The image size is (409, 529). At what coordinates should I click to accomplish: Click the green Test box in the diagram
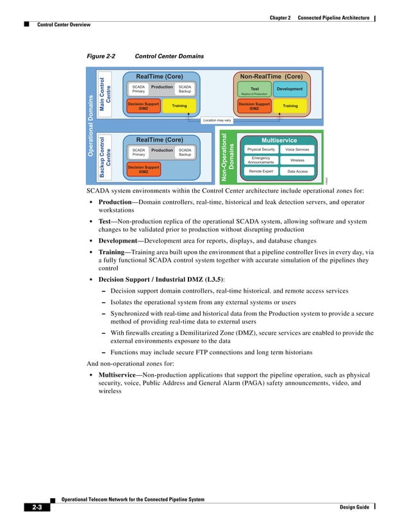click(x=255, y=90)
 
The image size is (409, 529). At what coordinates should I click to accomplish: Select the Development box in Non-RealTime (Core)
click(x=290, y=89)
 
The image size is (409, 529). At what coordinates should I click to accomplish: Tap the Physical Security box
click(x=261, y=149)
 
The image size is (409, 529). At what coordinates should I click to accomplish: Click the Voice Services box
click(x=297, y=149)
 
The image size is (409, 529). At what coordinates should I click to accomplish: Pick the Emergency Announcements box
click(x=261, y=160)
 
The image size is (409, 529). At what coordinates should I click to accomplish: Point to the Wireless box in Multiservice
click(x=297, y=160)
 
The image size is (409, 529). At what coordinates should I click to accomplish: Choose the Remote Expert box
click(x=261, y=171)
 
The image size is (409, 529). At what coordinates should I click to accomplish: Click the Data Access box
click(x=297, y=171)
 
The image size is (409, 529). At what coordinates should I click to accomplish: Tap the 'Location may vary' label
click(x=217, y=120)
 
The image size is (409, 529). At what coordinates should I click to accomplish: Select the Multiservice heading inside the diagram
click(x=279, y=140)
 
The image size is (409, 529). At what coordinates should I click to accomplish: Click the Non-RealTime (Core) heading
click(x=271, y=76)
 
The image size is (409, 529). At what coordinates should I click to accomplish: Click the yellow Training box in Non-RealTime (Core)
click(x=290, y=106)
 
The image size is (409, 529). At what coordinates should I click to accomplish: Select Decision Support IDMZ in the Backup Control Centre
click(x=143, y=169)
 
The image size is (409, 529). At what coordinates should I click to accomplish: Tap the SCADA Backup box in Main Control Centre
click(x=185, y=88)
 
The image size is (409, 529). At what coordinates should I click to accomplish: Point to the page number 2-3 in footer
click(x=37, y=508)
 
